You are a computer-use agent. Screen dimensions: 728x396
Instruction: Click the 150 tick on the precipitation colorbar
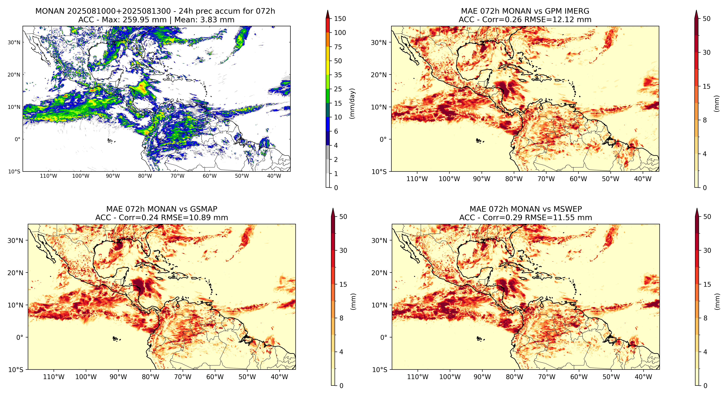pyautogui.click(x=340, y=19)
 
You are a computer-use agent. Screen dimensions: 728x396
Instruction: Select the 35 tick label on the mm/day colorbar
pyautogui.click(x=338, y=75)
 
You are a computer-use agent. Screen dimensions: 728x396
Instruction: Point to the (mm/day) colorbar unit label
pyautogui.click(x=352, y=103)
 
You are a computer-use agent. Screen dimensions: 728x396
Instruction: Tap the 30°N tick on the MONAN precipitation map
pyautogui.click(x=14, y=42)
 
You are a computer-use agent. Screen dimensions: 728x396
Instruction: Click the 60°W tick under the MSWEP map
pyautogui.click(x=579, y=377)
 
